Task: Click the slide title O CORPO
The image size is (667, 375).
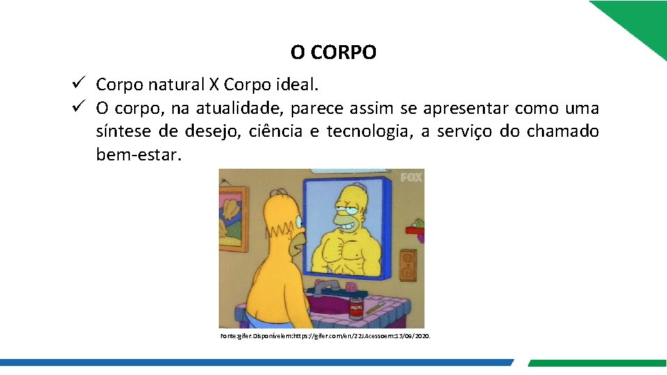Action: tap(333, 52)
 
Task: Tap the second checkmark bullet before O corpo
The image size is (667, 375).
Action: tap(77, 108)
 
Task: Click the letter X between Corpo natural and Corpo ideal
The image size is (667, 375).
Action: tap(213, 85)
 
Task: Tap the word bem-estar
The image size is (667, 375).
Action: tap(138, 154)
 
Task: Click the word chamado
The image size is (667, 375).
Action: tap(562, 131)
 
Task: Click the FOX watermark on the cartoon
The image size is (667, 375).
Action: tap(411, 178)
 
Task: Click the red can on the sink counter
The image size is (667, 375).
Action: tap(356, 306)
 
